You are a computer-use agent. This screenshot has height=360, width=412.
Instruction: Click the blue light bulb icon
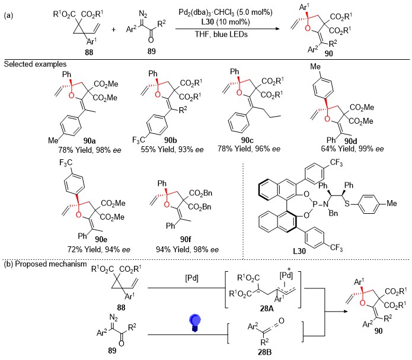click(x=195, y=323)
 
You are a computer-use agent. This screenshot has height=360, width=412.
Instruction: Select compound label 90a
click(x=90, y=141)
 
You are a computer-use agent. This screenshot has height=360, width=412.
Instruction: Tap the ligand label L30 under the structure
click(x=299, y=252)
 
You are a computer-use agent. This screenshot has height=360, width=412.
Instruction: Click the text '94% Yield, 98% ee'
click(x=187, y=249)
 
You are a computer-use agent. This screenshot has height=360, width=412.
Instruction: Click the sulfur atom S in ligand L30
click(x=347, y=203)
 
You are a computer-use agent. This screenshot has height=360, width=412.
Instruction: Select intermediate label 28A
click(x=267, y=308)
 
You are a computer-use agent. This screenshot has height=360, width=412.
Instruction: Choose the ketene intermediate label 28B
click(x=264, y=352)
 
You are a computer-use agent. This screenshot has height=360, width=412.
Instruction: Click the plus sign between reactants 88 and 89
click(x=113, y=30)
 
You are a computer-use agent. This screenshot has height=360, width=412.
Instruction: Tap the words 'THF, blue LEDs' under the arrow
click(x=221, y=34)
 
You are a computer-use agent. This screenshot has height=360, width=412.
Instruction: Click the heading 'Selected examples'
click(x=35, y=65)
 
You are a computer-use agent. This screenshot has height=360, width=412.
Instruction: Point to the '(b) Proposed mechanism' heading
click(x=45, y=264)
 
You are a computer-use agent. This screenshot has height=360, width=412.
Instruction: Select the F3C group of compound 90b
click(x=139, y=140)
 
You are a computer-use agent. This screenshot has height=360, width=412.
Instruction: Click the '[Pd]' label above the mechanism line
click(x=192, y=278)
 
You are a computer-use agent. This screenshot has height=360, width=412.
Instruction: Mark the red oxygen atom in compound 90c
click(x=239, y=92)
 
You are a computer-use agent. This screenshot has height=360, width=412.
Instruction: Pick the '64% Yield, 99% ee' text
click(x=352, y=149)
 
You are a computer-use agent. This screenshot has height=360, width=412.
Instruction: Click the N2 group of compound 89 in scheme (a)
click(x=143, y=14)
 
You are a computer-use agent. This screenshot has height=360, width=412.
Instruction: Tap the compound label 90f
click(x=186, y=239)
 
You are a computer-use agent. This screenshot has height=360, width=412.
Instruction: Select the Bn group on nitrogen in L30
click(x=333, y=213)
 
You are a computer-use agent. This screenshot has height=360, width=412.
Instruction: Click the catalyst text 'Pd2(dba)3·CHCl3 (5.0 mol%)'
click(x=225, y=12)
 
